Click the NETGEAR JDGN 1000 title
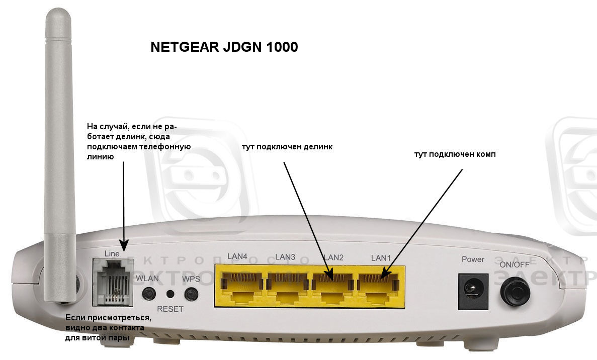pos(224,47)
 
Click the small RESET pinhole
pos(170,294)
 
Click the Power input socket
pos(473,291)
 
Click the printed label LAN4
pos(237,257)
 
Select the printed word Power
pos(473,259)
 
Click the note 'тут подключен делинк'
pos(287,147)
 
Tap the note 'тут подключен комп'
pos(455,154)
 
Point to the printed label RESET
pos(170,309)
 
